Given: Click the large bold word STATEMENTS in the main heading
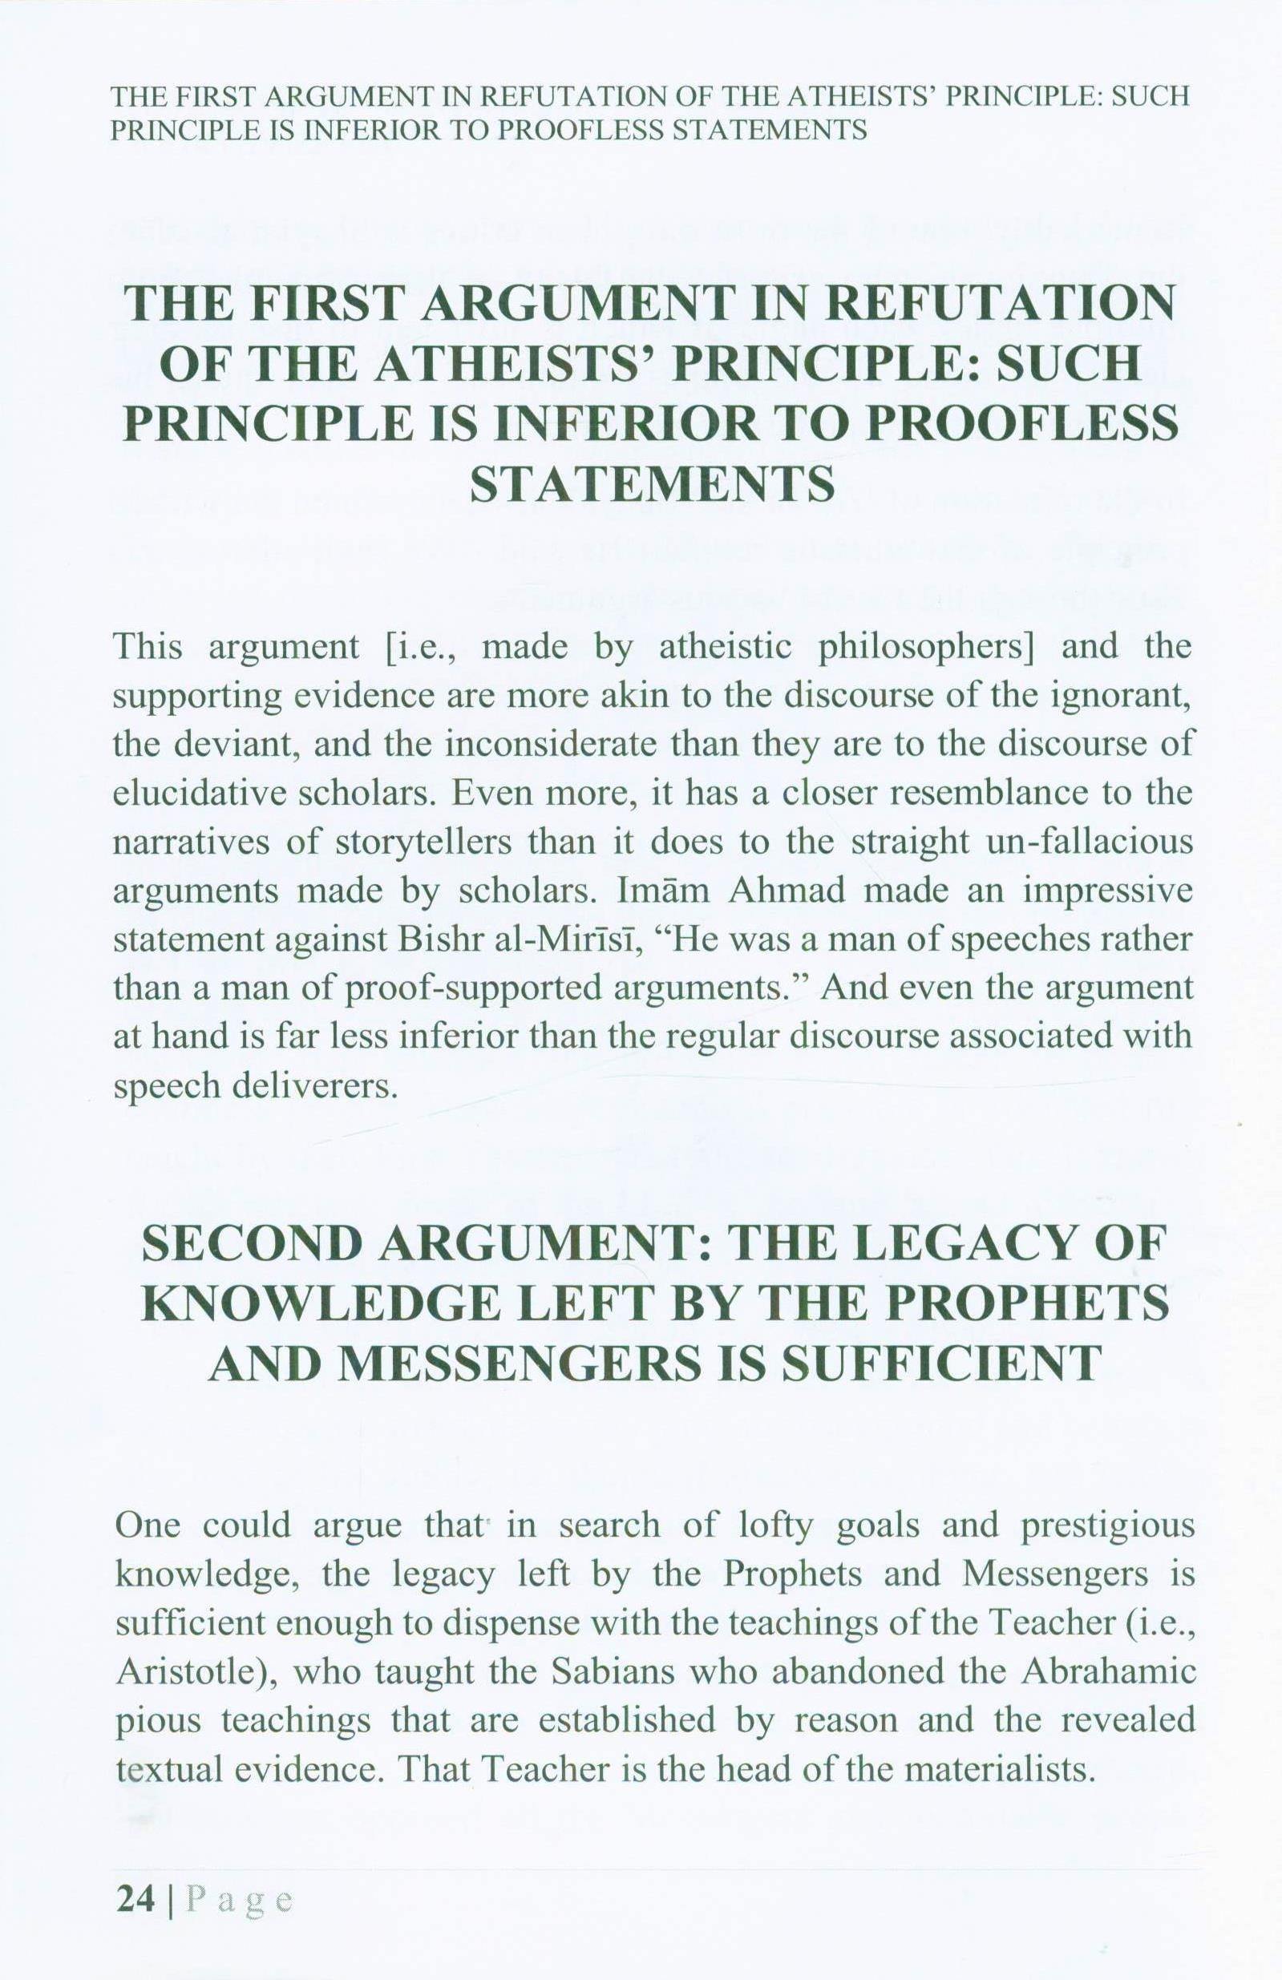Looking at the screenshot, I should coord(651,485).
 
